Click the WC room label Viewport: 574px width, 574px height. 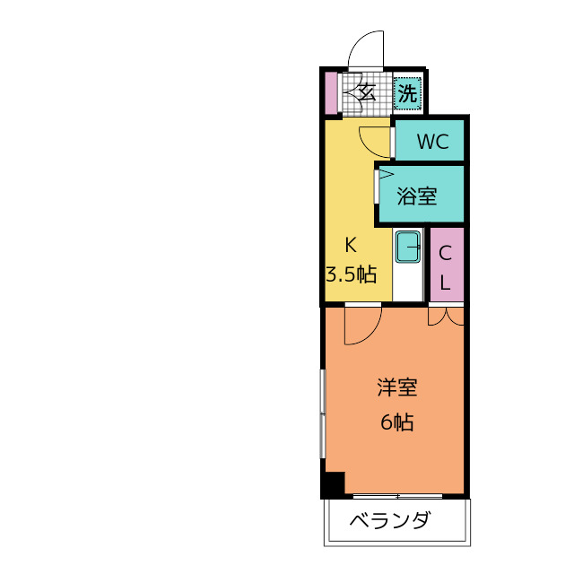[430, 142]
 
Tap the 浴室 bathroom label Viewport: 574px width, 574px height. [417, 196]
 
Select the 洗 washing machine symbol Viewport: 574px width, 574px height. [407, 92]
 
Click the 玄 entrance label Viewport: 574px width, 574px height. [367, 90]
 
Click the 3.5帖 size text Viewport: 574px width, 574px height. [351, 274]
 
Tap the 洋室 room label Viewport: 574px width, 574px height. [396, 388]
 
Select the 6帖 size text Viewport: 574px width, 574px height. [396, 422]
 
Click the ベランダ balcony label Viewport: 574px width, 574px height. [388, 520]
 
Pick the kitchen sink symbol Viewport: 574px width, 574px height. [409, 246]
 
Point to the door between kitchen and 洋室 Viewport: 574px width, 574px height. [363, 323]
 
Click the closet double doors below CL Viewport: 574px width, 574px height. [445, 315]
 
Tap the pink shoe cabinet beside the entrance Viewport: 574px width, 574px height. [331, 91]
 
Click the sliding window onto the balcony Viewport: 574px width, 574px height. [397, 495]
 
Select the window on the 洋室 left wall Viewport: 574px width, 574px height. [322, 413]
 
